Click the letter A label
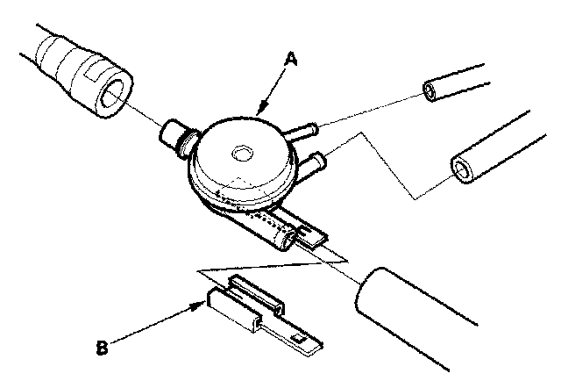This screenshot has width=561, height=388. (291, 59)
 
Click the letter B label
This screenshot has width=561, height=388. (103, 348)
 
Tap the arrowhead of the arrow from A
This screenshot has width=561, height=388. (263, 107)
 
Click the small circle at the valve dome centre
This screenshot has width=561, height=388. (243, 154)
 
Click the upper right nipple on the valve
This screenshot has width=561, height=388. (302, 130)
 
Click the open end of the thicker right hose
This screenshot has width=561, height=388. (462, 169)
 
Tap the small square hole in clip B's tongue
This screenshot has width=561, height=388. (297, 338)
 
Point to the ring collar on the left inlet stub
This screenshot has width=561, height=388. (188, 144)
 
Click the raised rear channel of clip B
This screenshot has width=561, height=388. (257, 294)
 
